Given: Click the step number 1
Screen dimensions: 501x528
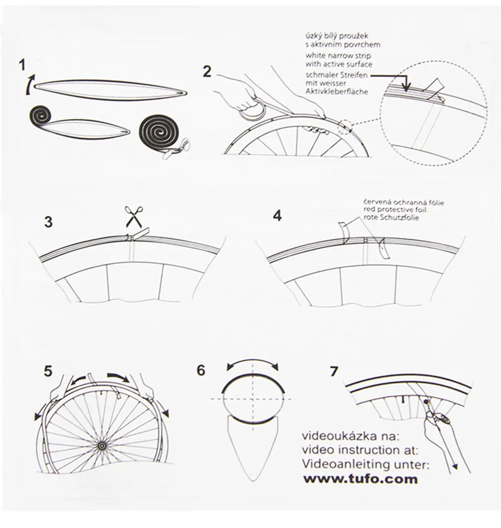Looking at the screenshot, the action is coord(23,65).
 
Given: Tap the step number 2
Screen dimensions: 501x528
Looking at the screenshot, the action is coord(207,71).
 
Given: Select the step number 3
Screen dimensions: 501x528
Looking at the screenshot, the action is coord(48,221).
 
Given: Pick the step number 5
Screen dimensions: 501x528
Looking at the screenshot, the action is coord(48,371).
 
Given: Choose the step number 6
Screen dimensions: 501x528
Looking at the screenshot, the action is coord(200,370).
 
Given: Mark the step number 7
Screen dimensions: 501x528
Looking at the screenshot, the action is coord(334,371).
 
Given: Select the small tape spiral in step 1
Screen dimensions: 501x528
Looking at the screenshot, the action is coord(43,116).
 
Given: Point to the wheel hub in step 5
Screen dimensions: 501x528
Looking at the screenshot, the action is coord(101,445).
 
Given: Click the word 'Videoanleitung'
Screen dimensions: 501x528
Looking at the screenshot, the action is coord(344,465).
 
